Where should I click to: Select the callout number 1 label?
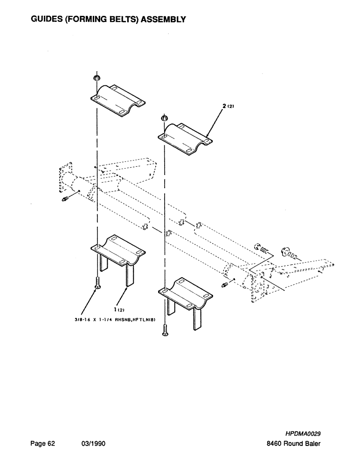coord(114,308)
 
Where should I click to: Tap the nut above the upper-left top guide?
coord(97,77)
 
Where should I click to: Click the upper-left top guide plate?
coord(117,100)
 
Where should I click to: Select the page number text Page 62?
coord(43,444)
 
